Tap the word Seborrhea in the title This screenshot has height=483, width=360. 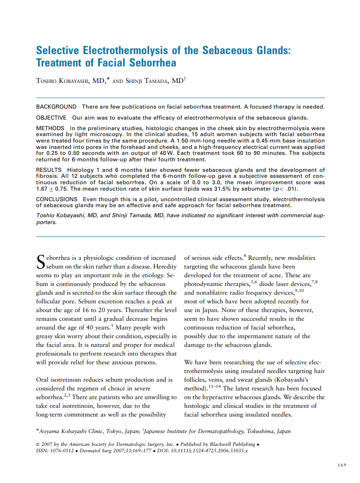(x=153, y=63)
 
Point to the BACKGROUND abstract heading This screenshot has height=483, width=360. (x=56, y=107)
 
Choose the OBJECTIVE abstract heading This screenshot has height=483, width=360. (x=51, y=118)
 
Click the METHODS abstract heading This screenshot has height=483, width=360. (x=50, y=128)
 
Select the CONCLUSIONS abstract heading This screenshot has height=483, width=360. (x=57, y=199)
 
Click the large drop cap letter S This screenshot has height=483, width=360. (x=41, y=262)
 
